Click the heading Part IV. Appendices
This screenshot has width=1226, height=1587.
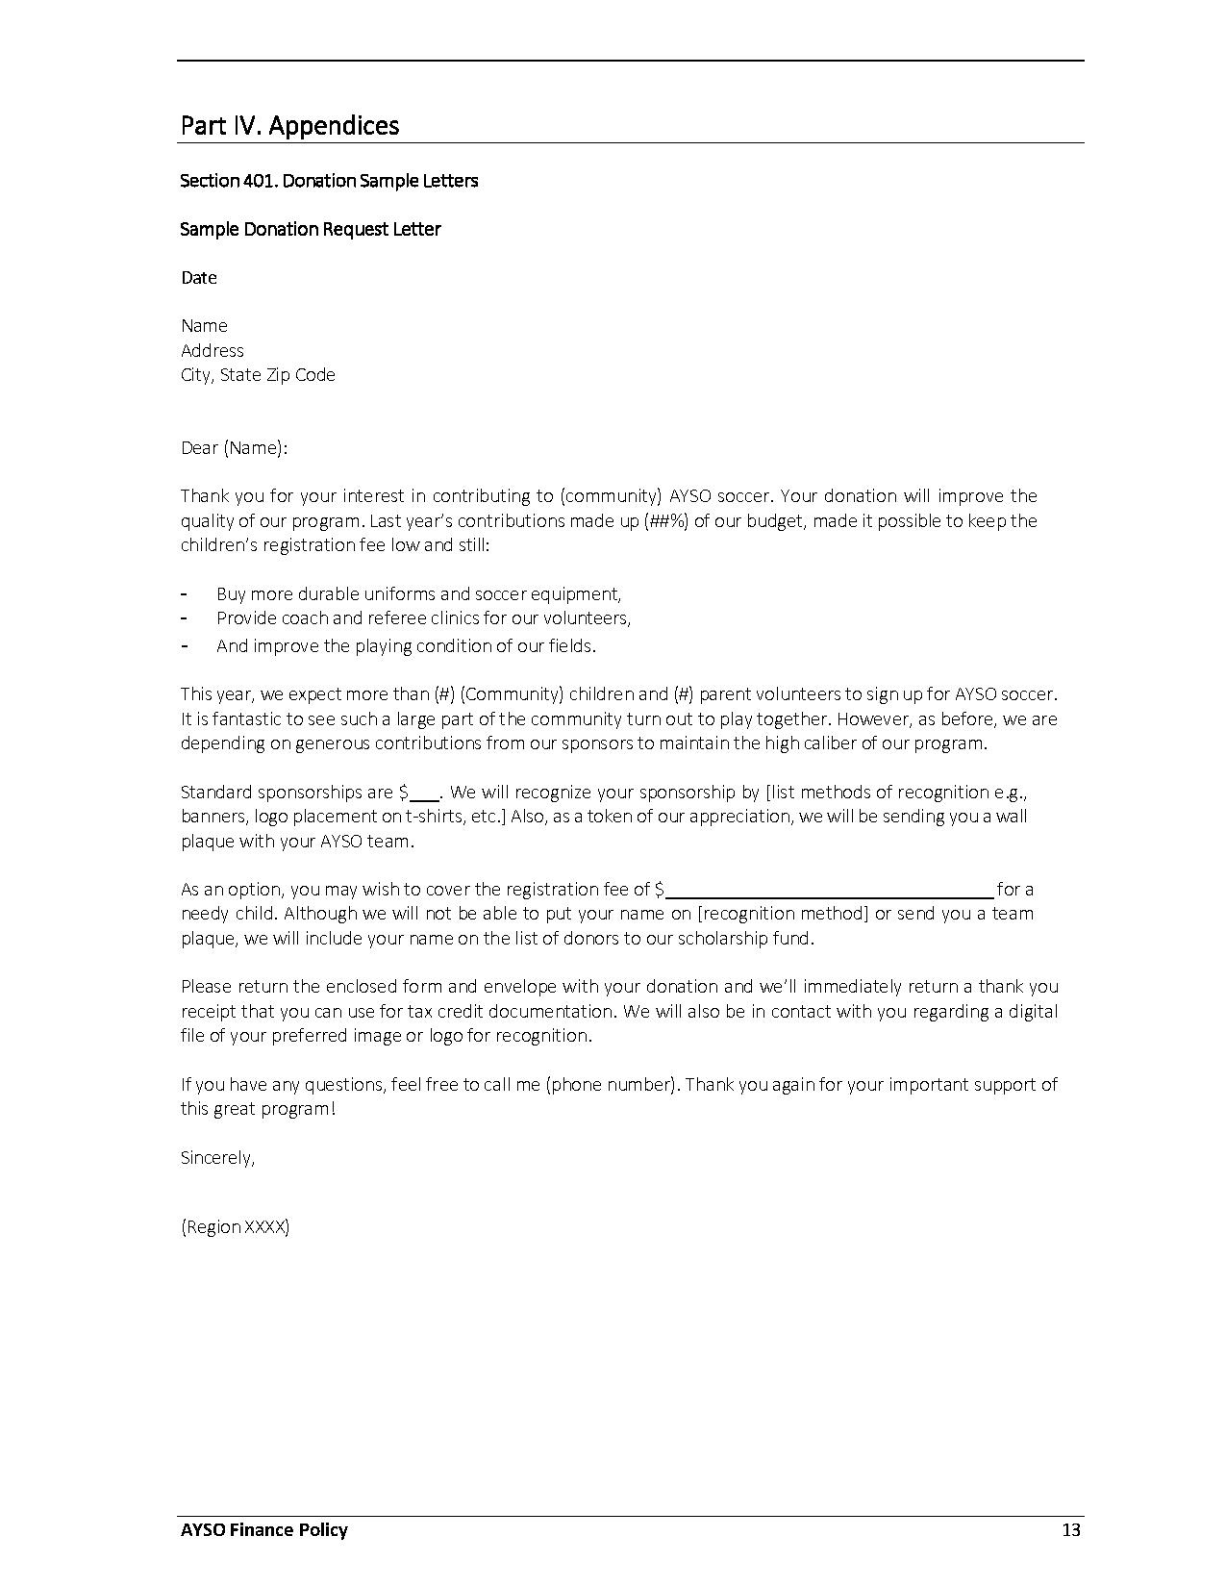click(289, 126)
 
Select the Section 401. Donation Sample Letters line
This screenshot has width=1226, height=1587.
click(329, 181)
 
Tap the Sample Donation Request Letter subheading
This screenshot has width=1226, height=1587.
click(311, 229)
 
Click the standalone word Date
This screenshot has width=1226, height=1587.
click(199, 278)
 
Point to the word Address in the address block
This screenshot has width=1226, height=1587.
click(213, 350)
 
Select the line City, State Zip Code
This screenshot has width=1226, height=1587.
click(258, 375)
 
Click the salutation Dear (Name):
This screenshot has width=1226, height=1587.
click(235, 448)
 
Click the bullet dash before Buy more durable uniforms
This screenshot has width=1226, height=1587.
click(184, 593)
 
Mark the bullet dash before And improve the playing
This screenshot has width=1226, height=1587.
click(184, 645)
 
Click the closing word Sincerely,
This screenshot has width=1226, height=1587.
click(218, 1158)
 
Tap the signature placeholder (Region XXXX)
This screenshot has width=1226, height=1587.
click(235, 1227)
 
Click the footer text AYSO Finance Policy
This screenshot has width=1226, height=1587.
click(264, 1530)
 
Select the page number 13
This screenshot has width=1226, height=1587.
click(1071, 1530)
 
